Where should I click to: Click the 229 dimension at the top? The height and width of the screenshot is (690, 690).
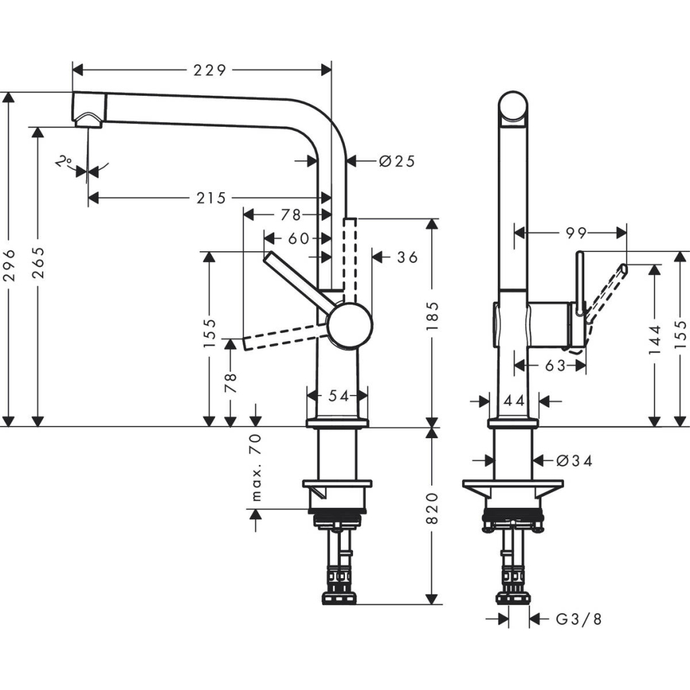pos(210,69)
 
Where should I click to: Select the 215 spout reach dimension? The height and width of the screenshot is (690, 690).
pos(210,197)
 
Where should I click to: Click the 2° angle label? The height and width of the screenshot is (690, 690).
pos(64,162)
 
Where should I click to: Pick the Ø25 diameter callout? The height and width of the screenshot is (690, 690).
pos(396,161)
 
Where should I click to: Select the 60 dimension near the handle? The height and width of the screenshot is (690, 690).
pos(297,239)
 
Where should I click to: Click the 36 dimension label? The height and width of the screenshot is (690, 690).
pos(407,257)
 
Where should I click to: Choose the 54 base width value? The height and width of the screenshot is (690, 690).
pos(338,396)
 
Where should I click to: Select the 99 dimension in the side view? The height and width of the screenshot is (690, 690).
pos(576,232)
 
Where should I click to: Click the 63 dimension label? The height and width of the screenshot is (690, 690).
pos(555,366)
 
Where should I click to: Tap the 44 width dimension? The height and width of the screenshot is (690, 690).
pos(514,401)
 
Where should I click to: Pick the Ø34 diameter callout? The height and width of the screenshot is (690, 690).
pos(575,461)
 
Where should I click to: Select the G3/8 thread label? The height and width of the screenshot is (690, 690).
pos(578,619)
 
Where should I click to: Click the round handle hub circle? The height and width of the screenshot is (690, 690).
pos(350,325)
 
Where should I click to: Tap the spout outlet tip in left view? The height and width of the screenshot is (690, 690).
pos(89,119)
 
